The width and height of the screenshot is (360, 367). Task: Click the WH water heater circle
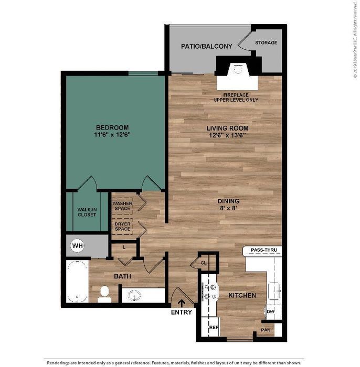[77, 245]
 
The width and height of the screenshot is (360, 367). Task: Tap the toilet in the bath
[104, 295]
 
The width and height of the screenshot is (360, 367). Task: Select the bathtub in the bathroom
[77, 282]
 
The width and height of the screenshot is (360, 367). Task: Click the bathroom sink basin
[134, 295]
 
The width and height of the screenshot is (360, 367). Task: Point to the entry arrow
[181, 304]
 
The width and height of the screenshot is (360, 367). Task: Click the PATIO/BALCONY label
[207, 46]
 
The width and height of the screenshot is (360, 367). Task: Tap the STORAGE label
[266, 42]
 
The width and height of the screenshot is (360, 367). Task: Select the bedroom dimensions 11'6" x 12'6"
[112, 135]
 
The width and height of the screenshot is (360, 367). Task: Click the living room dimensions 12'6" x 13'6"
[227, 135]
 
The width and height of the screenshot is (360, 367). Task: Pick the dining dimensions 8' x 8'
[228, 208]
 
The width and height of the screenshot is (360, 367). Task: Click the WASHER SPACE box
[122, 206]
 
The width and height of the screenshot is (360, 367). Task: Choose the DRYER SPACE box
[122, 226]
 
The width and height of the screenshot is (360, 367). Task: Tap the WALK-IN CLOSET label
[87, 212]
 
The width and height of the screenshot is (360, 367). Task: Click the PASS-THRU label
[264, 250]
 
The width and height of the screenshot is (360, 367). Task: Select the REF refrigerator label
[214, 328]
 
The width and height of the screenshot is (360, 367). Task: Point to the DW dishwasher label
[271, 311]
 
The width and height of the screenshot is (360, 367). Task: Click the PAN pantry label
[266, 330]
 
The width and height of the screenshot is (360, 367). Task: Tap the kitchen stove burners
[210, 292]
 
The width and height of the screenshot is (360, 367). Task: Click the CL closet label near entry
[204, 263]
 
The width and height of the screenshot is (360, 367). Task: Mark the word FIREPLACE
[236, 95]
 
